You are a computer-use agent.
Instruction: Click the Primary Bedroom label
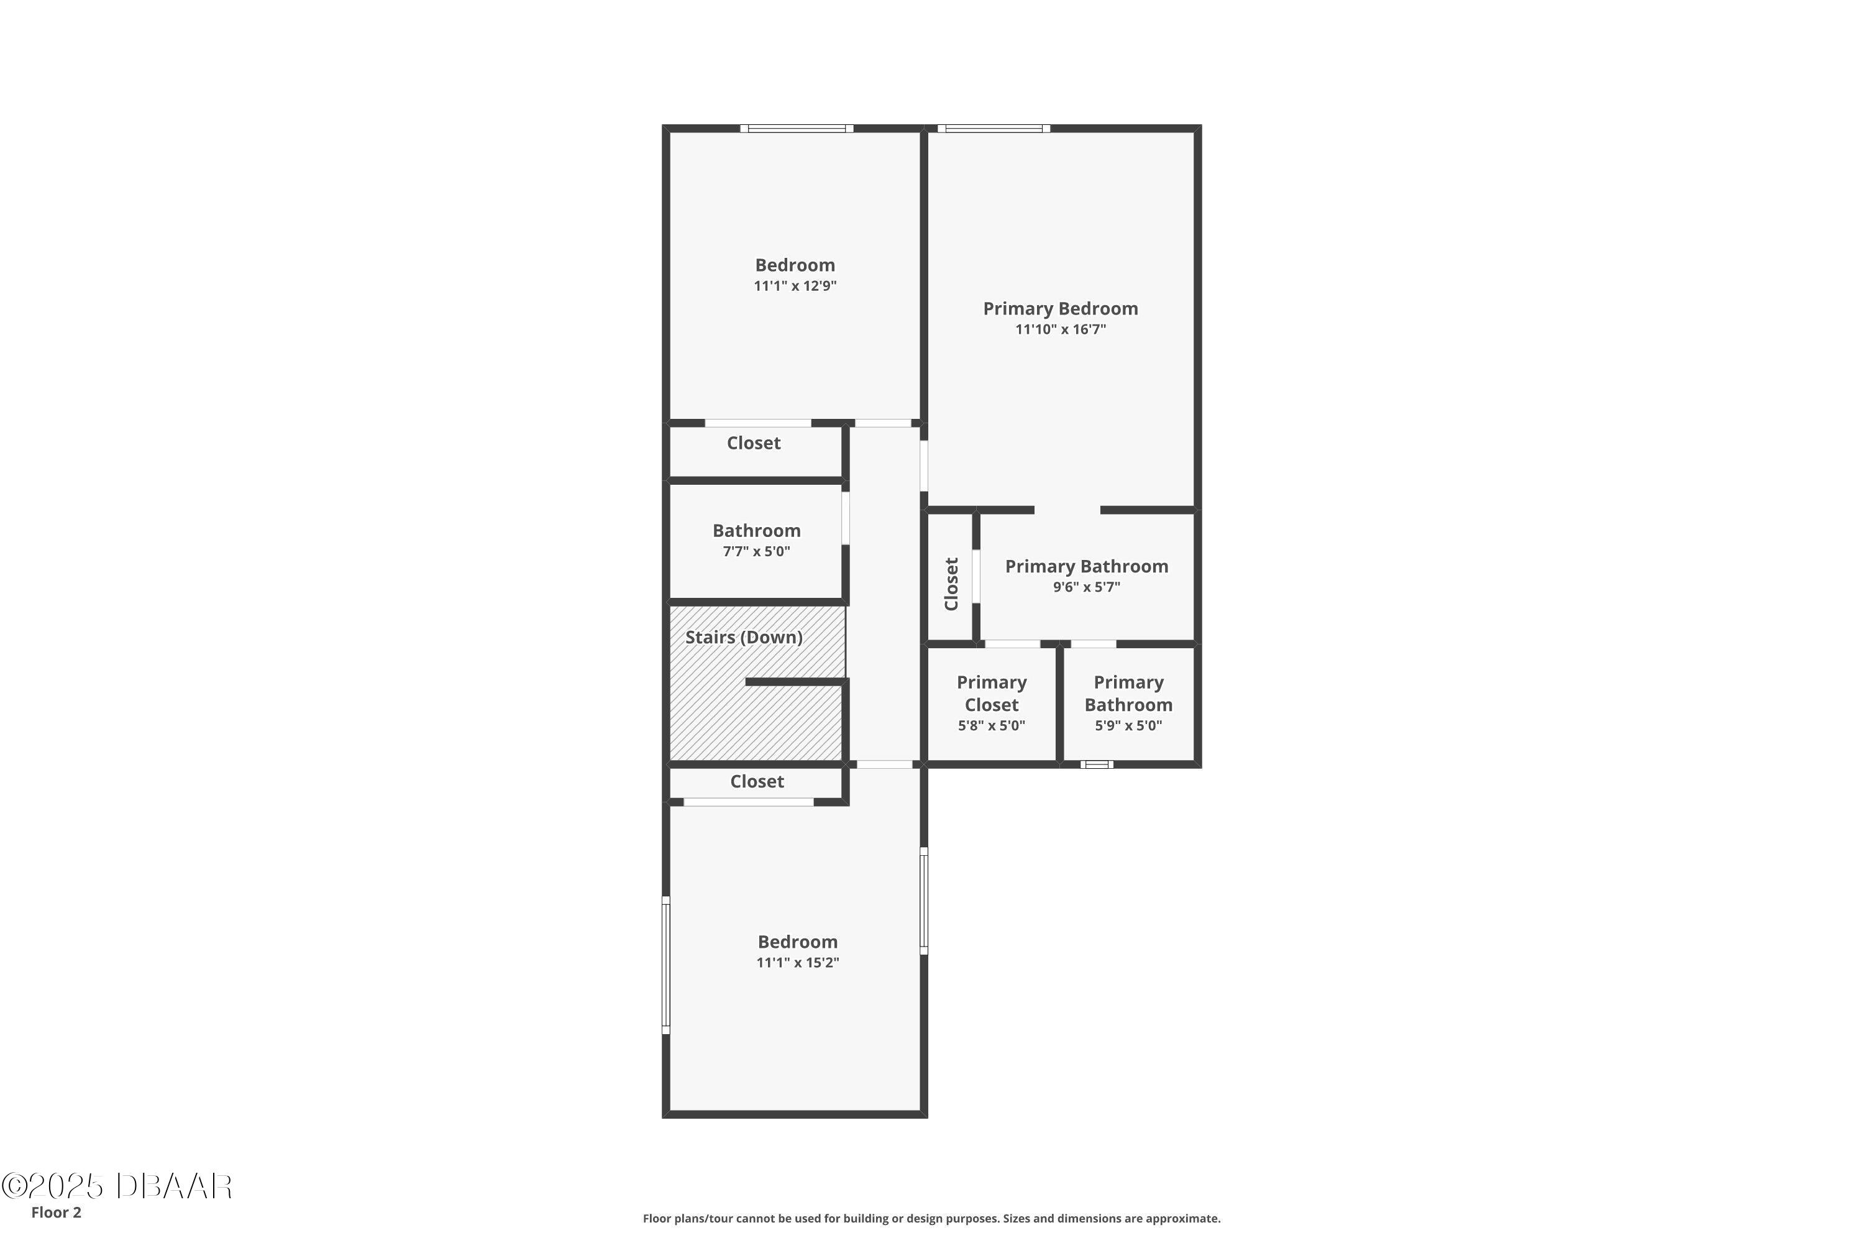point(1061,308)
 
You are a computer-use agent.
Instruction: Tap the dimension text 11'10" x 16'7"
point(1061,329)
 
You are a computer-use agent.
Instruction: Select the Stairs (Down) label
point(743,638)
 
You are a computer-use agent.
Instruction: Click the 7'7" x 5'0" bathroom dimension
point(756,551)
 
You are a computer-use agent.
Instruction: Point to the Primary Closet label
point(992,694)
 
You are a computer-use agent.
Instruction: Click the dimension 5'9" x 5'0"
point(1128,725)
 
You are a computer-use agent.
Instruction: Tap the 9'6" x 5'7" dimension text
point(1087,587)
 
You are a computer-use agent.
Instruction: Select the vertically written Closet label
point(952,584)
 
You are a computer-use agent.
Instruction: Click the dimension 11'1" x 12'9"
point(795,285)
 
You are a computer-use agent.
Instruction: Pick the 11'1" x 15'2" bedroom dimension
point(797,962)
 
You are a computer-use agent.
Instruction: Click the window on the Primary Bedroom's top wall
point(994,129)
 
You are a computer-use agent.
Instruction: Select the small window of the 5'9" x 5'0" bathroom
point(1098,765)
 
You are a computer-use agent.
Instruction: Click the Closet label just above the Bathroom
point(754,443)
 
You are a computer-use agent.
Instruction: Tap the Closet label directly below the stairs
point(757,782)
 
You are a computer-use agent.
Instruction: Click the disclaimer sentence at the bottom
point(932,1218)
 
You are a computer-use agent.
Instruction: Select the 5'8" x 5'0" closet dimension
point(992,725)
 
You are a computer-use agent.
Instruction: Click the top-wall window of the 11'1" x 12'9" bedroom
point(797,129)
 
